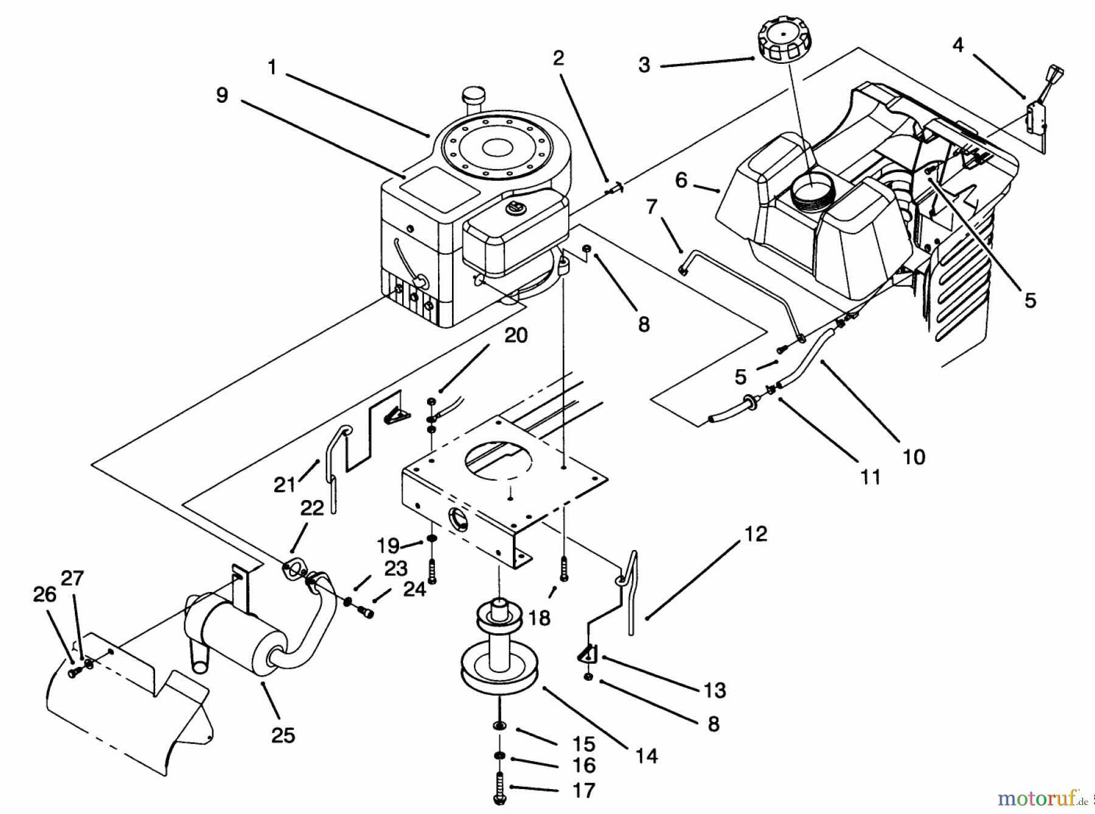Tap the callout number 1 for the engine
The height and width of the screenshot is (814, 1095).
tap(272, 67)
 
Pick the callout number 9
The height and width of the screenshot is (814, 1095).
tap(222, 95)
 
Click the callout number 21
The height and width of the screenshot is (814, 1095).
tap(284, 484)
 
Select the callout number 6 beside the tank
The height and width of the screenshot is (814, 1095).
tap(681, 180)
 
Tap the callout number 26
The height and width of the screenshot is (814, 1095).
tap(44, 594)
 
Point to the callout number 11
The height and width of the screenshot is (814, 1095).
tap(871, 477)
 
